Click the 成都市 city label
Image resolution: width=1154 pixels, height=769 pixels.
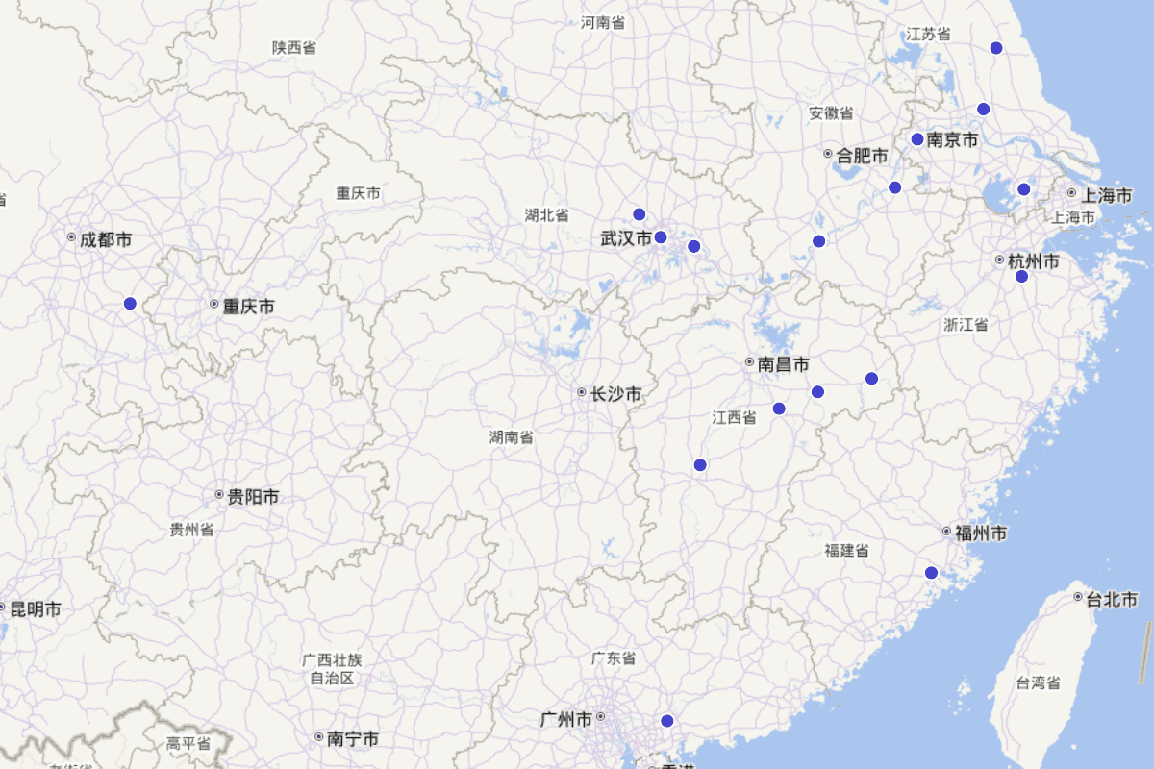[106, 239]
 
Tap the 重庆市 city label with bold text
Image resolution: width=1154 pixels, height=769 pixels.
[248, 307]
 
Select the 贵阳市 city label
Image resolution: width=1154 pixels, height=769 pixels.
[253, 497]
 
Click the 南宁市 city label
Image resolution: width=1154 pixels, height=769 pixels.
[352, 738]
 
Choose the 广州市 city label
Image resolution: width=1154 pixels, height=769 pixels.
[565, 719]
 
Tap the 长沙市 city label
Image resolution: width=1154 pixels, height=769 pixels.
[615, 394]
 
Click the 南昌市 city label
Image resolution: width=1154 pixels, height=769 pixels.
[783, 364]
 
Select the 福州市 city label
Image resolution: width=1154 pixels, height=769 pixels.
[981, 533]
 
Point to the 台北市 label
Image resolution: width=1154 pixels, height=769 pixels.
[1112, 600]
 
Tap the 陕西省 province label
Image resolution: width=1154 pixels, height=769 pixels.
[294, 47]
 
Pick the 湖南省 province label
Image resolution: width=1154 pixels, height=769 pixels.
[512, 437]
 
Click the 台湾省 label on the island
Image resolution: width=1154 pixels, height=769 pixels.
[1039, 683]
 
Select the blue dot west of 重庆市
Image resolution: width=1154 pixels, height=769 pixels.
[130, 304]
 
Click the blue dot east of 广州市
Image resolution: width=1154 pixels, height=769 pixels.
[667, 721]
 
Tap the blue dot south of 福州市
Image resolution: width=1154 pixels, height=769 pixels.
[931, 573]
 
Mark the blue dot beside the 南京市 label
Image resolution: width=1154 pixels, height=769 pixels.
[917, 139]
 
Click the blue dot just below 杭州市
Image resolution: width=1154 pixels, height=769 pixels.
[1021, 277]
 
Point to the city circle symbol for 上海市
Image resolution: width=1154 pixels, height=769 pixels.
[1071, 193]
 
